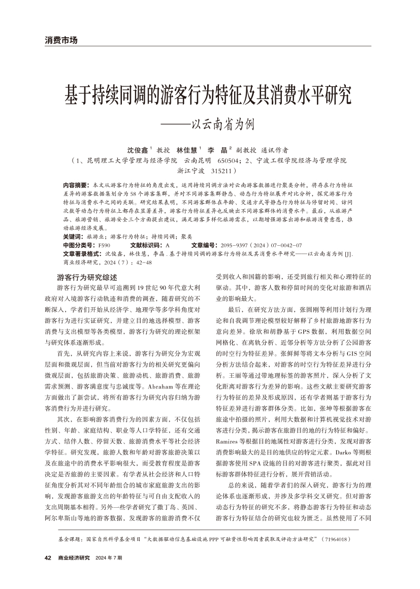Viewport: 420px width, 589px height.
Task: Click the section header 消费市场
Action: pyautogui.click(x=61, y=40)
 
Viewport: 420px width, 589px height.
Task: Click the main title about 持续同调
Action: pyautogui.click(x=210, y=94)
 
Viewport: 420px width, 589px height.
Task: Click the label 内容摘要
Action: pyautogui.click(x=75, y=186)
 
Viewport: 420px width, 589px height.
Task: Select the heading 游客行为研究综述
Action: pyautogui.click(x=87, y=278)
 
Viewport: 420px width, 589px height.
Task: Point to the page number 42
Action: pyautogui.click(x=48, y=558)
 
